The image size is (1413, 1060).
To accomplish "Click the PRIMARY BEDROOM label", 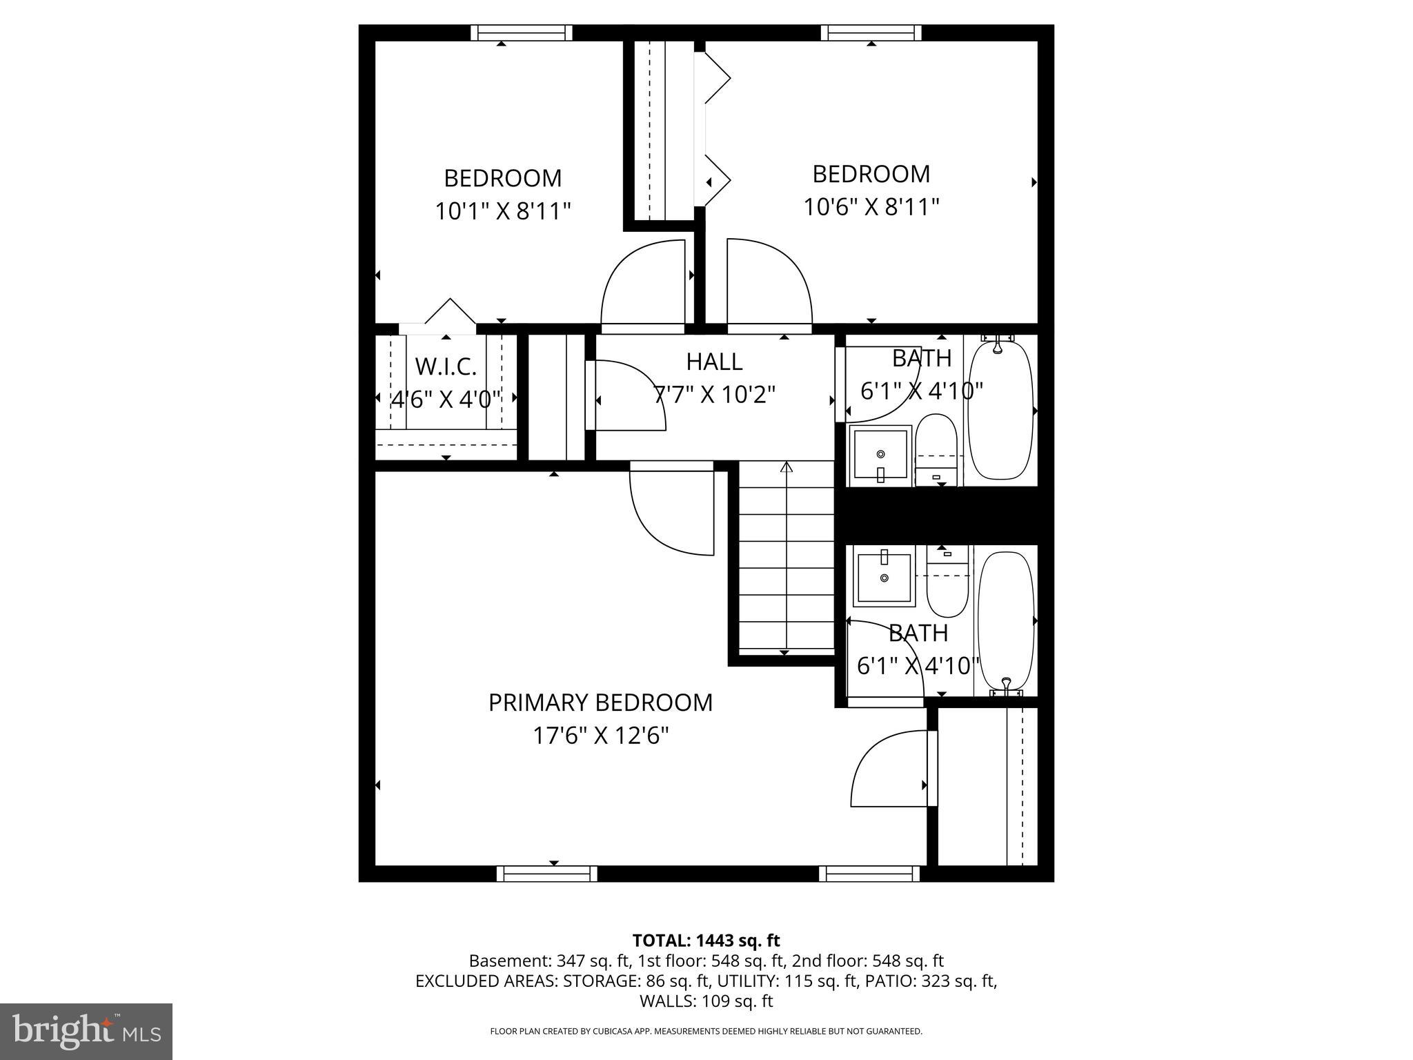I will [x=600, y=703].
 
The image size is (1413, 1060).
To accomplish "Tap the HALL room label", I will [x=714, y=362].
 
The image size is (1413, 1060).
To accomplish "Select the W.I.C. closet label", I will [x=446, y=366].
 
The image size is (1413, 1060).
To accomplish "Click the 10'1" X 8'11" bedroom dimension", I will [x=503, y=211].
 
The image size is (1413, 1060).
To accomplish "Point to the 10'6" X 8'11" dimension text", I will [x=871, y=206].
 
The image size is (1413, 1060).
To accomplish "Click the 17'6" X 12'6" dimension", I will [x=600, y=736].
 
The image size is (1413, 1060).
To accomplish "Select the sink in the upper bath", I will [x=880, y=455].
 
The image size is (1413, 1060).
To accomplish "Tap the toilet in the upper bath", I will [x=936, y=449].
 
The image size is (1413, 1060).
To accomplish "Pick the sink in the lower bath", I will [x=885, y=576].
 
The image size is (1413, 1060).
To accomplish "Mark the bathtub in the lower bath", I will [x=1007, y=621].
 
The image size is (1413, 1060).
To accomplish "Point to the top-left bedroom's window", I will [x=522, y=32].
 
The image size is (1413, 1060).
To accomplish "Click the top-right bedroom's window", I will [x=871, y=32].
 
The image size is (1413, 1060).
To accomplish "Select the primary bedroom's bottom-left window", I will [x=546, y=874].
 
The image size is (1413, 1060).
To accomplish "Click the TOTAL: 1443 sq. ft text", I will [x=706, y=941].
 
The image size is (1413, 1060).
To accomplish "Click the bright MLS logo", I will [x=86, y=1032].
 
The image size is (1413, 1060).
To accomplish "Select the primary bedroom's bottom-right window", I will [x=869, y=874].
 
